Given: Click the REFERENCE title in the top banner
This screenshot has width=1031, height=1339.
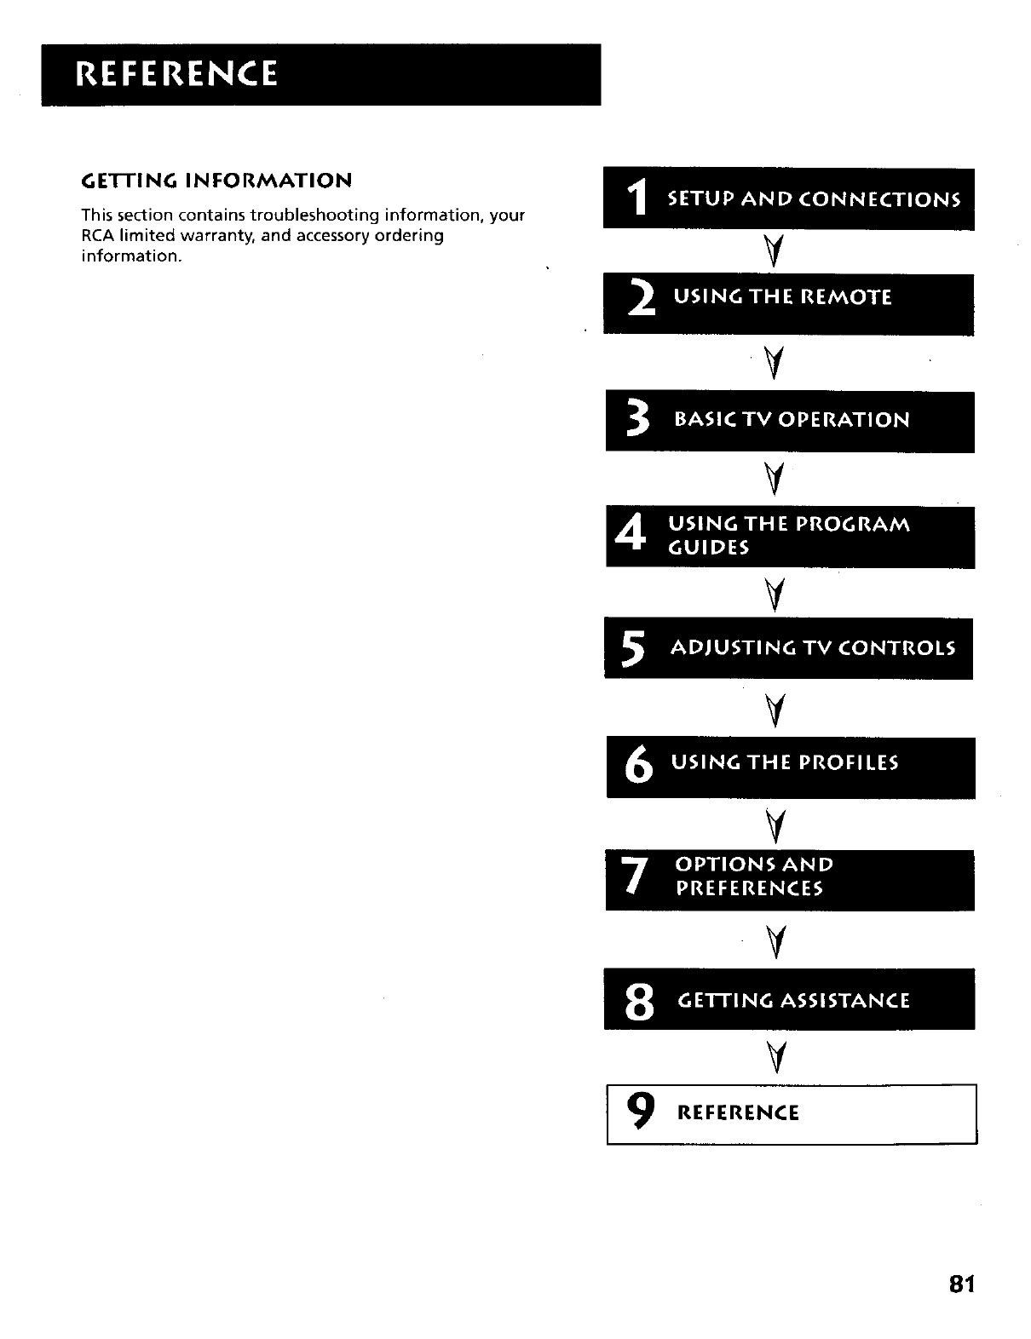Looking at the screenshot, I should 176,74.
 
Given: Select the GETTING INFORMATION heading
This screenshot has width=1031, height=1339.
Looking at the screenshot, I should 216,181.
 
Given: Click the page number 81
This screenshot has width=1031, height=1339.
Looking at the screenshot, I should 960,1284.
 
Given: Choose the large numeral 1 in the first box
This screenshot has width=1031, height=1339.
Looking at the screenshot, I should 636,200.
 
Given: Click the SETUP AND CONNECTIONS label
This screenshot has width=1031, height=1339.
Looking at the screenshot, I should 814,200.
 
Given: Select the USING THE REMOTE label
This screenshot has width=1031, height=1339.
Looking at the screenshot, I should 782,297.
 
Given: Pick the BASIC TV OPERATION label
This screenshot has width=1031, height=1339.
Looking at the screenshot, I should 792,420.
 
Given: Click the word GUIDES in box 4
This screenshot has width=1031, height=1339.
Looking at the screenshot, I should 709,548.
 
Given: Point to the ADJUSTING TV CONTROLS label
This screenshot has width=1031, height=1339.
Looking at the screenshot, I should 813,648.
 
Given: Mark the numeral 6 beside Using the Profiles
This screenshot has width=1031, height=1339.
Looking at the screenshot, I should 639,765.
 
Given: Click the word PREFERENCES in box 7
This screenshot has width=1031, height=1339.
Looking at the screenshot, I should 749,889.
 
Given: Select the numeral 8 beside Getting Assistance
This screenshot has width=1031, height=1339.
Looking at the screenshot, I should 639,1001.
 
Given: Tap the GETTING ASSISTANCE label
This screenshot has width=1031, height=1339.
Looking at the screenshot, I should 793,1000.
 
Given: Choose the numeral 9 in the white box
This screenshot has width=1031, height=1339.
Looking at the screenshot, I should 642,1112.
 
